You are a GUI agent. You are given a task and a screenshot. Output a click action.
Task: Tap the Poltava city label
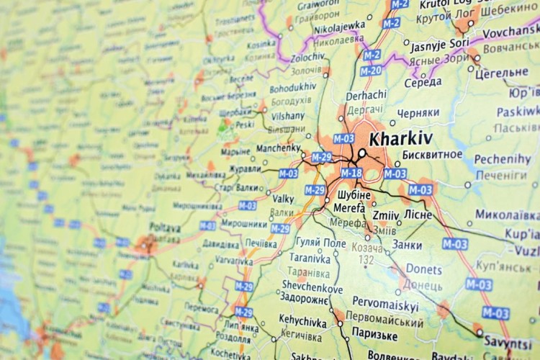tap(165, 228)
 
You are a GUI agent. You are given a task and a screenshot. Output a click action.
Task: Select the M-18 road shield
tap(351, 173)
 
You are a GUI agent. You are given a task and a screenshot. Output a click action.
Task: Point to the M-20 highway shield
tap(371, 71)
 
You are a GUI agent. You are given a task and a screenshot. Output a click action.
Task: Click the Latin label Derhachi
tap(366, 94)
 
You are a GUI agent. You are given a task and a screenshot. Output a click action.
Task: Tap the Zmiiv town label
tap(387, 215)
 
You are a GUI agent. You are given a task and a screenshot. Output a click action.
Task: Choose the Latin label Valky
tap(283, 199)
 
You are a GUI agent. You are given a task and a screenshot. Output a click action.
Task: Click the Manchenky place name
tap(279, 148)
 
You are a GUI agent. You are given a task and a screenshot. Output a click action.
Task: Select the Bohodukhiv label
tap(292, 86)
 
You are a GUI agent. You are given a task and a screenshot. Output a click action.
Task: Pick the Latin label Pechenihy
tap(503, 159)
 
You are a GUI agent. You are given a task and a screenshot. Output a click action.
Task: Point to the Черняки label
tap(418, 113)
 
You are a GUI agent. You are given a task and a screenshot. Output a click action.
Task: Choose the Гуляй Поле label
tap(320, 243)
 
